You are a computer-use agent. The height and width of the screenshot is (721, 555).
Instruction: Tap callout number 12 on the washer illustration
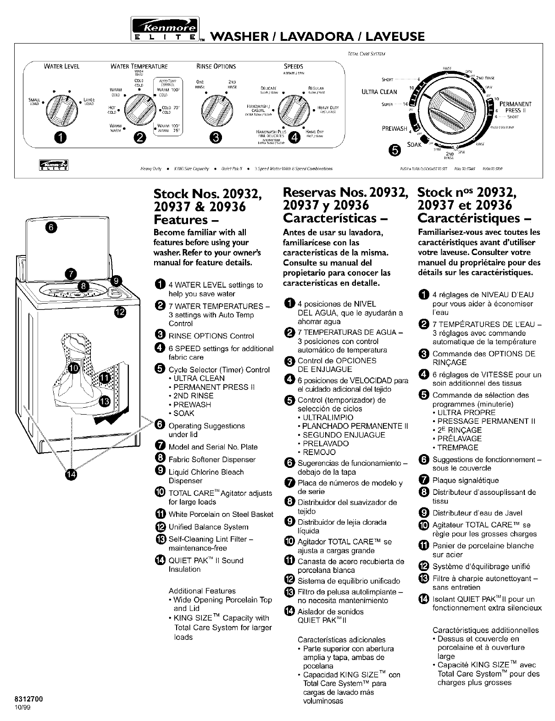tap(119, 313)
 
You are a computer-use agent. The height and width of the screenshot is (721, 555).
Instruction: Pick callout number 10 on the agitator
tap(73, 368)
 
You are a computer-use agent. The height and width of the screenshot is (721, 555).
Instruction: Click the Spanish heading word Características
tap(334, 217)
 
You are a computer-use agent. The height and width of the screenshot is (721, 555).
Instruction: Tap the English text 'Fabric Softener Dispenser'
tap(212, 460)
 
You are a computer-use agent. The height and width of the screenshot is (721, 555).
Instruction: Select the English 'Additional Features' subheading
tap(202, 591)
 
